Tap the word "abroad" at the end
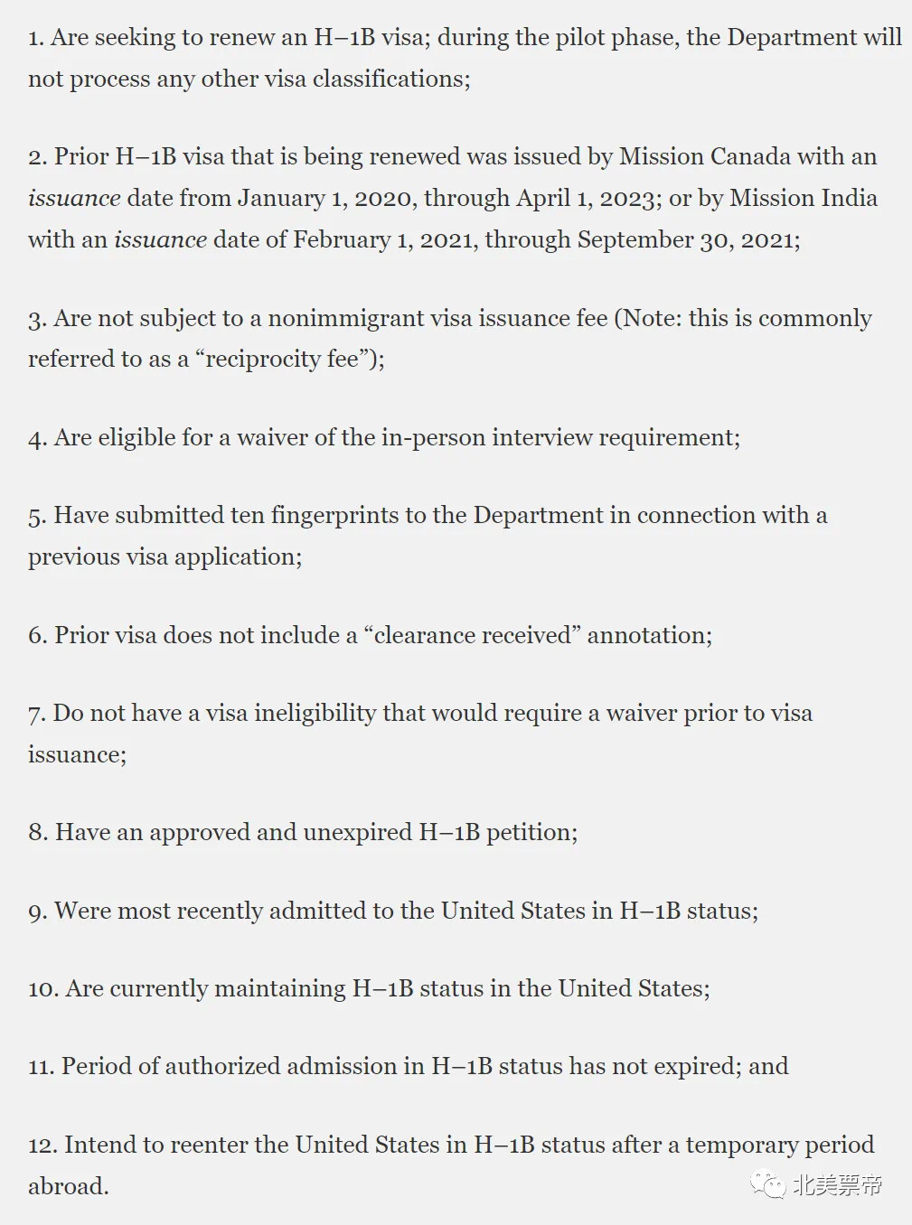coord(67,1186)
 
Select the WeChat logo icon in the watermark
coord(770,1185)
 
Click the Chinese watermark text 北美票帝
coord(837,1185)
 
